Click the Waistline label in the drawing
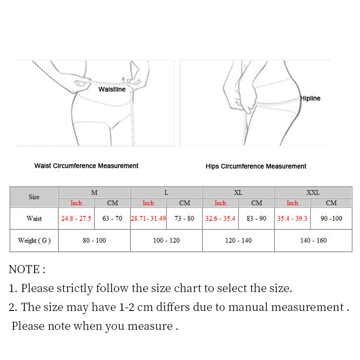(112, 89)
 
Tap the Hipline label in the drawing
(310, 98)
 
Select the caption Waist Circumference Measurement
(86, 166)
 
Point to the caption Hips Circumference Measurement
(256, 166)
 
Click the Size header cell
(34, 197)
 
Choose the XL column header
(238, 193)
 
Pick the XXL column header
(313, 193)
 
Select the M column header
(94, 193)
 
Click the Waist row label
(34, 219)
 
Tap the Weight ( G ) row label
(34, 241)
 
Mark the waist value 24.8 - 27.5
(76, 219)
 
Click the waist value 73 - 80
(184, 219)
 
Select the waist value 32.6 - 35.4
(220, 219)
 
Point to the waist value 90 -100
(331, 219)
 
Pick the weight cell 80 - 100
(94, 241)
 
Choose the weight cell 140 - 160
(313, 241)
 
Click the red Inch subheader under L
(148, 203)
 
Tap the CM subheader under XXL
(331, 203)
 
